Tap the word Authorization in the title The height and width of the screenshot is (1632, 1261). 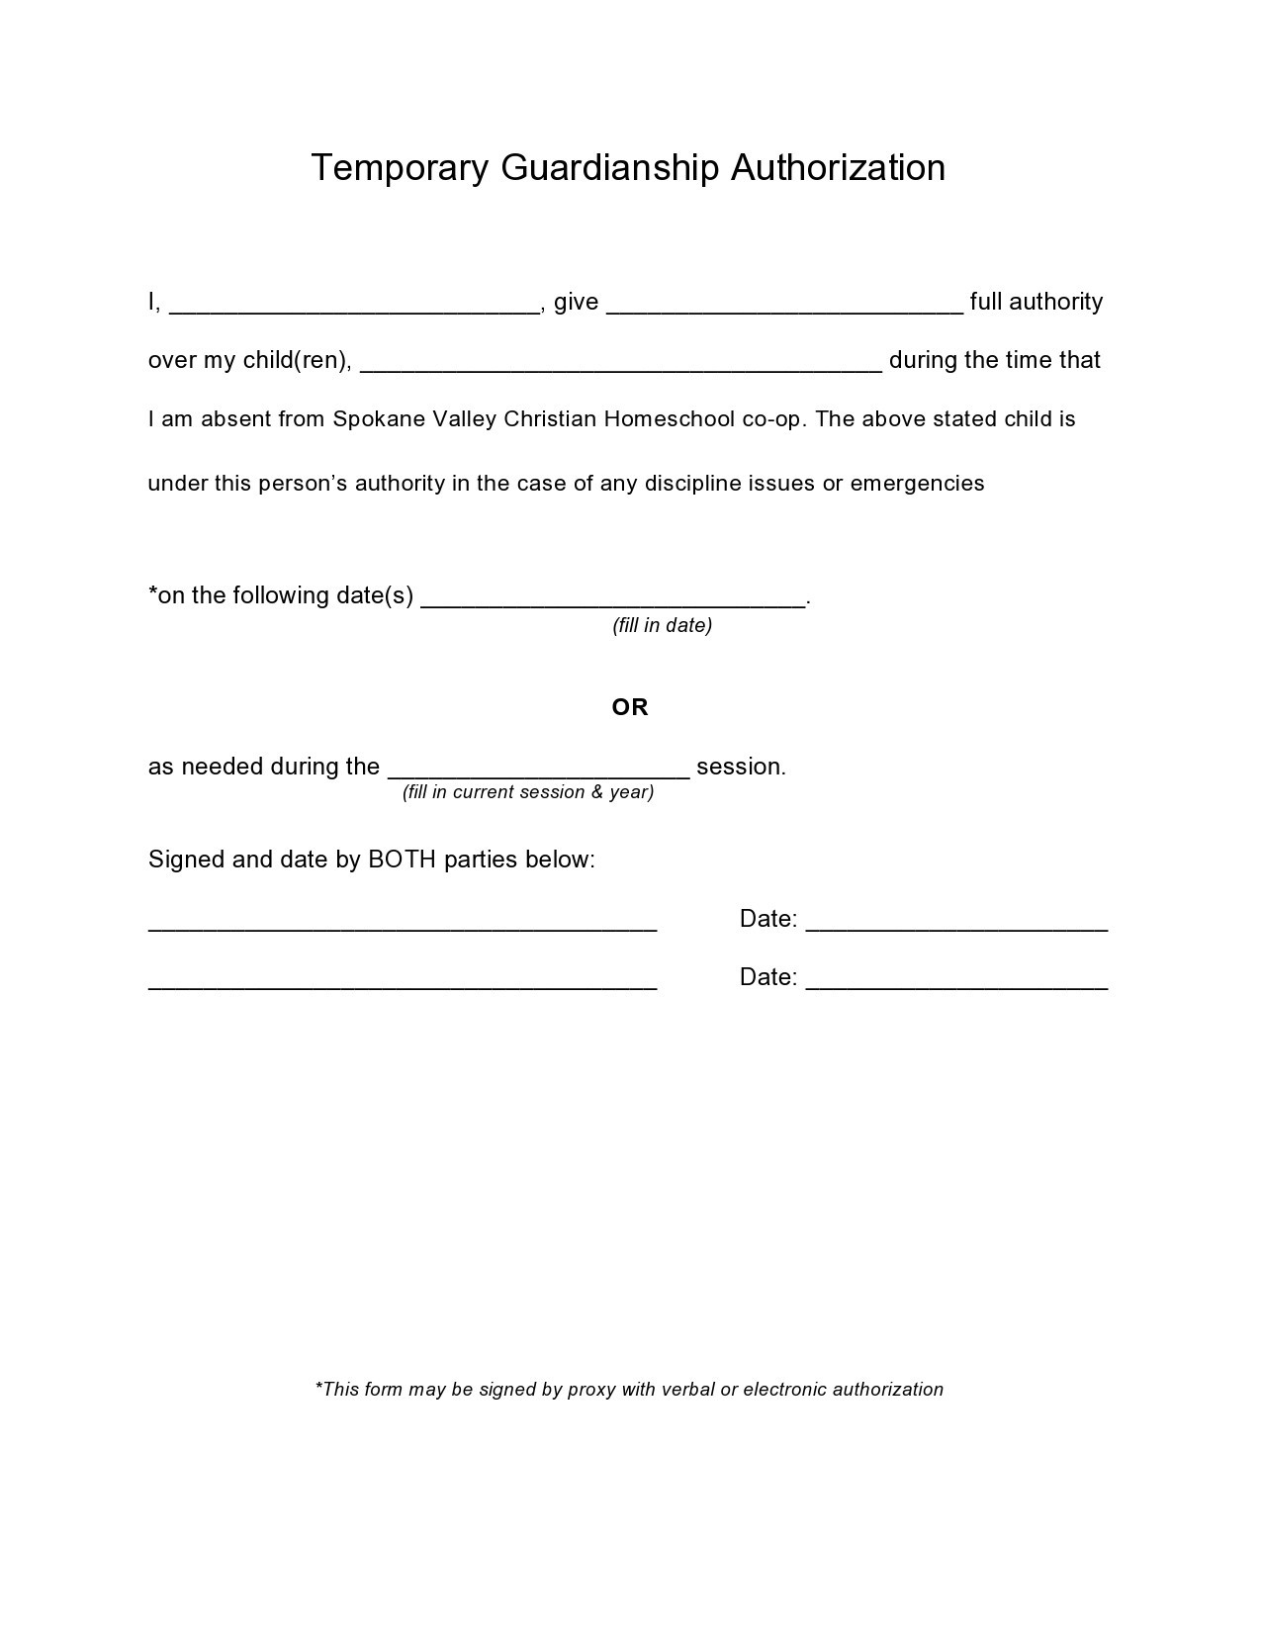(x=838, y=168)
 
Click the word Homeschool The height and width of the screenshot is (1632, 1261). (x=670, y=419)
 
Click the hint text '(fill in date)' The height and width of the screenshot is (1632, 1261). (x=663, y=625)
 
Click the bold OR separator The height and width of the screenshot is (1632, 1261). (x=630, y=707)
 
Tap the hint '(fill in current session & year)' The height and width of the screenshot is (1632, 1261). (x=528, y=792)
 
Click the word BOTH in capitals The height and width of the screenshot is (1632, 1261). (x=402, y=860)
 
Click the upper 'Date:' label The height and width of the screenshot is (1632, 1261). (x=768, y=919)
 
